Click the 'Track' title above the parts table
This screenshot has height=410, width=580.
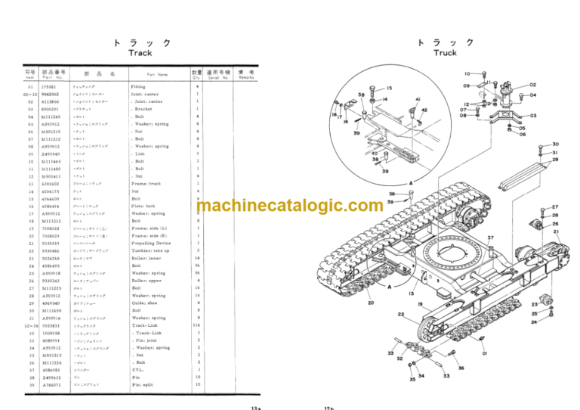[x=140, y=53]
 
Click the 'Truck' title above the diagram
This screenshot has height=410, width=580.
[x=445, y=53]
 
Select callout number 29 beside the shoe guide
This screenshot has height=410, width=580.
[x=555, y=160]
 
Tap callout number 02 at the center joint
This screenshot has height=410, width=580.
[x=532, y=85]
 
